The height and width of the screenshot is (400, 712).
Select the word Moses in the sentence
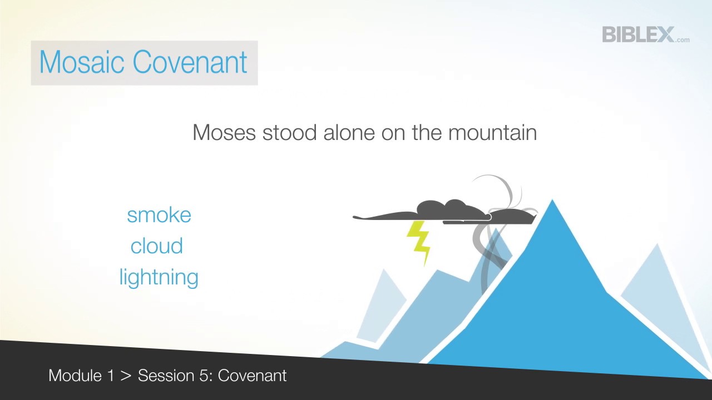224,133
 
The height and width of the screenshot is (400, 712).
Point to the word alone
349,133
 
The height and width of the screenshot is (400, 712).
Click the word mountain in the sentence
492,133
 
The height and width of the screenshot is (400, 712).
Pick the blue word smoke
159,215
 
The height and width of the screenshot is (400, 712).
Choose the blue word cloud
156,246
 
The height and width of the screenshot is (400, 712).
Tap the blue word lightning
159,277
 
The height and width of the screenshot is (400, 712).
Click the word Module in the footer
75,376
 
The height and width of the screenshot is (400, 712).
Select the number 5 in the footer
205,376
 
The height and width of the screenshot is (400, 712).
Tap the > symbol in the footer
126,376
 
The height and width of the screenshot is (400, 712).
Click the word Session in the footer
165,376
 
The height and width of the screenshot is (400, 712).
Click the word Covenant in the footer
252,376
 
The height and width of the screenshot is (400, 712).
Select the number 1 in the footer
110,376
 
